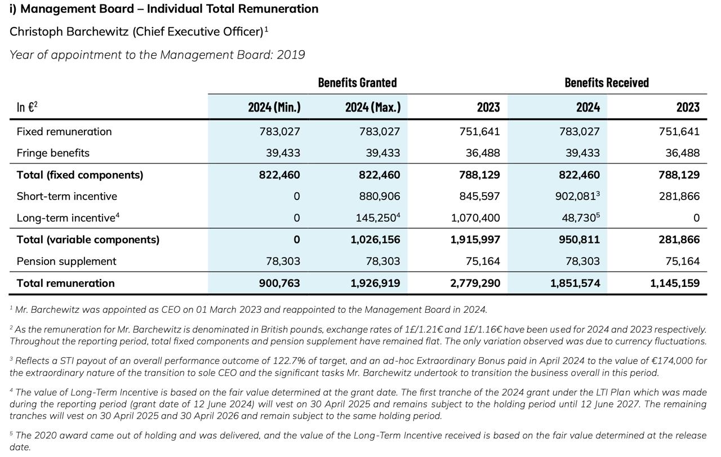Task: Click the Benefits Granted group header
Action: (357, 82)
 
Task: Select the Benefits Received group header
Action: (607, 82)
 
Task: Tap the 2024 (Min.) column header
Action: (274, 107)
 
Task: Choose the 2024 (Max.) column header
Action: (373, 107)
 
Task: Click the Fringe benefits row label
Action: (53, 153)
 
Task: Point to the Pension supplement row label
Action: (66, 261)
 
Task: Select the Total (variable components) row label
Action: (88, 239)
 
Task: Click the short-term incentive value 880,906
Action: (380, 196)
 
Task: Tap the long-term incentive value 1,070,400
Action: (476, 218)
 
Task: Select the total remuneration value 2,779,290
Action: (475, 283)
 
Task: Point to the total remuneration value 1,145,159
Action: (675, 283)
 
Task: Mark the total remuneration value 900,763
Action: (279, 283)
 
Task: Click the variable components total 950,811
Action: (580, 239)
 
